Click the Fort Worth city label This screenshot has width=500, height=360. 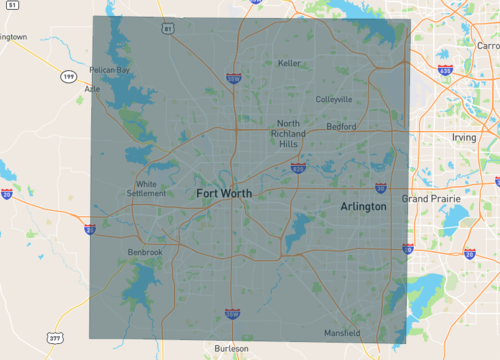tap(223, 192)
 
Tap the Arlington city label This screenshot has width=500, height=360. tap(363, 205)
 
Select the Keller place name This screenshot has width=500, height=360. tap(289, 63)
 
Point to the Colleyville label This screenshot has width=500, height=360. tap(333, 99)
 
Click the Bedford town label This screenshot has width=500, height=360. tap(341, 127)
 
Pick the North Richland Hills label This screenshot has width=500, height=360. tap(288, 133)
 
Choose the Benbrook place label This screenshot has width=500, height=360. tap(145, 252)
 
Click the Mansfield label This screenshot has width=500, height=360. tap(343, 332)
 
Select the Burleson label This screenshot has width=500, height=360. tap(232, 348)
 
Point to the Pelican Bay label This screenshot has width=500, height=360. tap(110, 70)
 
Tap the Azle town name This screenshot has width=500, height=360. tap(93, 88)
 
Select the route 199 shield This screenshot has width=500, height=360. tap(68, 76)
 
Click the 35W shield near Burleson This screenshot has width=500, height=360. tap(232, 315)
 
